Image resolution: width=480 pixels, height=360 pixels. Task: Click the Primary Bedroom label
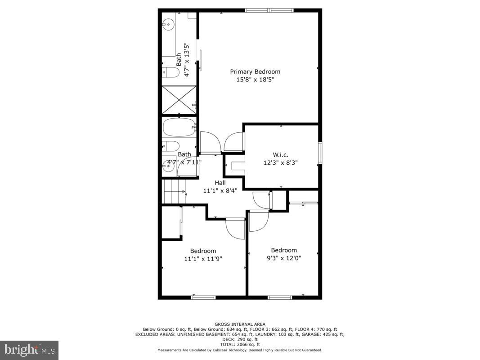pyautogui.click(x=255, y=72)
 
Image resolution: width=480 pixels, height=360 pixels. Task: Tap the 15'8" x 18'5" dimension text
pyautogui.click(x=255, y=80)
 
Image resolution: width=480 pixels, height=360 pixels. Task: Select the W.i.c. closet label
pyautogui.click(x=281, y=155)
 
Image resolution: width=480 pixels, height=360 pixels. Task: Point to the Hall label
pyautogui.click(x=220, y=182)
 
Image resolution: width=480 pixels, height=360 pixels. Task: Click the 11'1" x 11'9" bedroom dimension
pyautogui.click(x=203, y=259)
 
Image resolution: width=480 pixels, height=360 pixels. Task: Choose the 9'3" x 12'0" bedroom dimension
pyautogui.click(x=283, y=258)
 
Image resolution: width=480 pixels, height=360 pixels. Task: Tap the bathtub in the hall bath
pyautogui.click(x=179, y=127)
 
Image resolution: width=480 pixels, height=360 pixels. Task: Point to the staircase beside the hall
pyautogui.click(x=174, y=191)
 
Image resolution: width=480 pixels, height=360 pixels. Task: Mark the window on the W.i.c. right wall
pyautogui.click(x=320, y=153)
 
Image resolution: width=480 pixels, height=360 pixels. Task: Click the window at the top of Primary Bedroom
pyautogui.click(x=269, y=10)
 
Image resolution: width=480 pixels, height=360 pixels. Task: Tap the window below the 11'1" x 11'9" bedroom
pyautogui.click(x=203, y=297)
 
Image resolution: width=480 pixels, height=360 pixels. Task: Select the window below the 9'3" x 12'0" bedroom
pyautogui.click(x=280, y=297)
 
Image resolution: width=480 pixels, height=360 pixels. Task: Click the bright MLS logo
pyautogui.click(x=29, y=350)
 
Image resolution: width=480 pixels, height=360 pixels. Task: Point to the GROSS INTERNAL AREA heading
pyautogui.click(x=240, y=324)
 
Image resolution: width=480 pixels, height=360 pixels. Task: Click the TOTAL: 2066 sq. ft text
pyautogui.click(x=240, y=344)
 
